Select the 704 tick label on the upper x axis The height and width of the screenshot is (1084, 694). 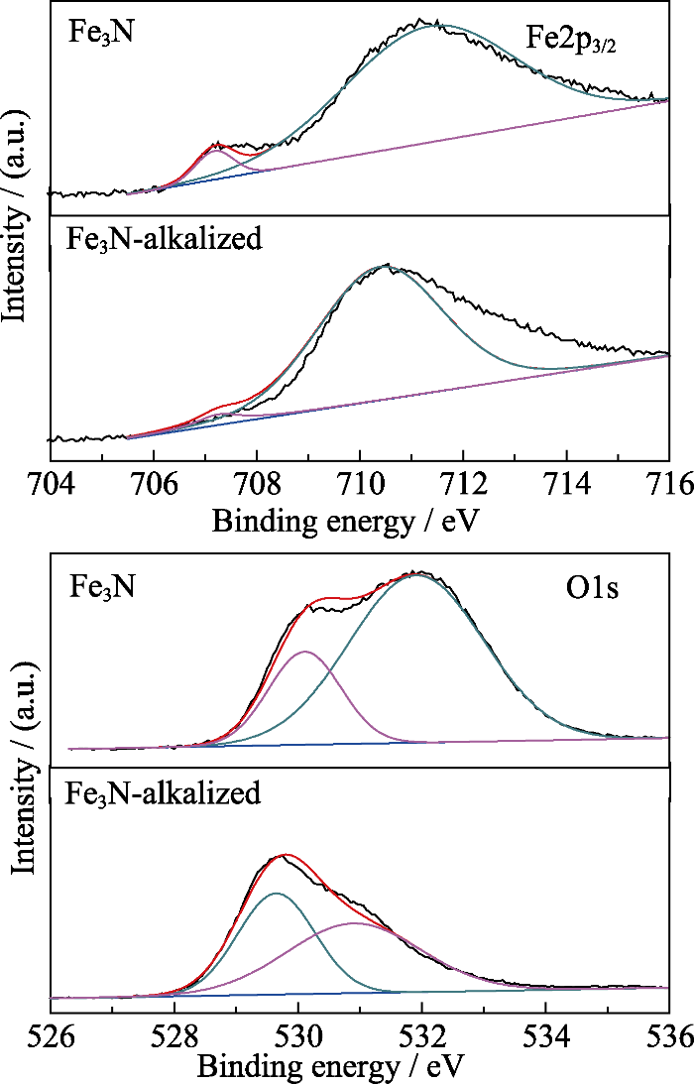(x=51, y=487)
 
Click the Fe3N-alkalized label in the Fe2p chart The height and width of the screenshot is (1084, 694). (x=164, y=239)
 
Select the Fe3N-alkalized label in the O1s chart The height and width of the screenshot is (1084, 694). (x=164, y=792)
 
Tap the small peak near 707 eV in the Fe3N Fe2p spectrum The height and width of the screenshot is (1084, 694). (x=217, y=146)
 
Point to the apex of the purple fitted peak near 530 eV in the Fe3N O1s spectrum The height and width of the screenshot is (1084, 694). (x=305, y=652)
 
